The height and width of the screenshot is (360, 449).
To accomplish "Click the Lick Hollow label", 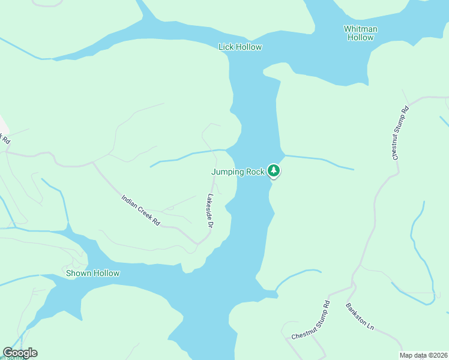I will coord(240,47).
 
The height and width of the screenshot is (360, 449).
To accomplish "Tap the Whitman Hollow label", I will coord(360,33).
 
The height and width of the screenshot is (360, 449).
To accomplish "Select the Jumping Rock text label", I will coord(238,172).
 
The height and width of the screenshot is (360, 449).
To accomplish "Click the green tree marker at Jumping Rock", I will coord(274,171).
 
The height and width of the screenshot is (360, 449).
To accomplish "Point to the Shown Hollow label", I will coord(92,274).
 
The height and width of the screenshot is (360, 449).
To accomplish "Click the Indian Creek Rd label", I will coord(141,210).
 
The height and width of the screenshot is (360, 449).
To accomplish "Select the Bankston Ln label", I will coord(360,317).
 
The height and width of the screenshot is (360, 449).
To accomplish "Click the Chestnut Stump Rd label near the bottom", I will coord(311,320).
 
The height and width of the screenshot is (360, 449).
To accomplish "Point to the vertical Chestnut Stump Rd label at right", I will coord(400,133).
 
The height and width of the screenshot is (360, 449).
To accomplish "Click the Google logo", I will coord(20,353).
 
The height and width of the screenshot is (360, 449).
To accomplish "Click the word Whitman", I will coord(360,28).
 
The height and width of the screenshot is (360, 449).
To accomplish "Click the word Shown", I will coord(78,274).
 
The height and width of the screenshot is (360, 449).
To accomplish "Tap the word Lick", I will coord(226,47).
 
